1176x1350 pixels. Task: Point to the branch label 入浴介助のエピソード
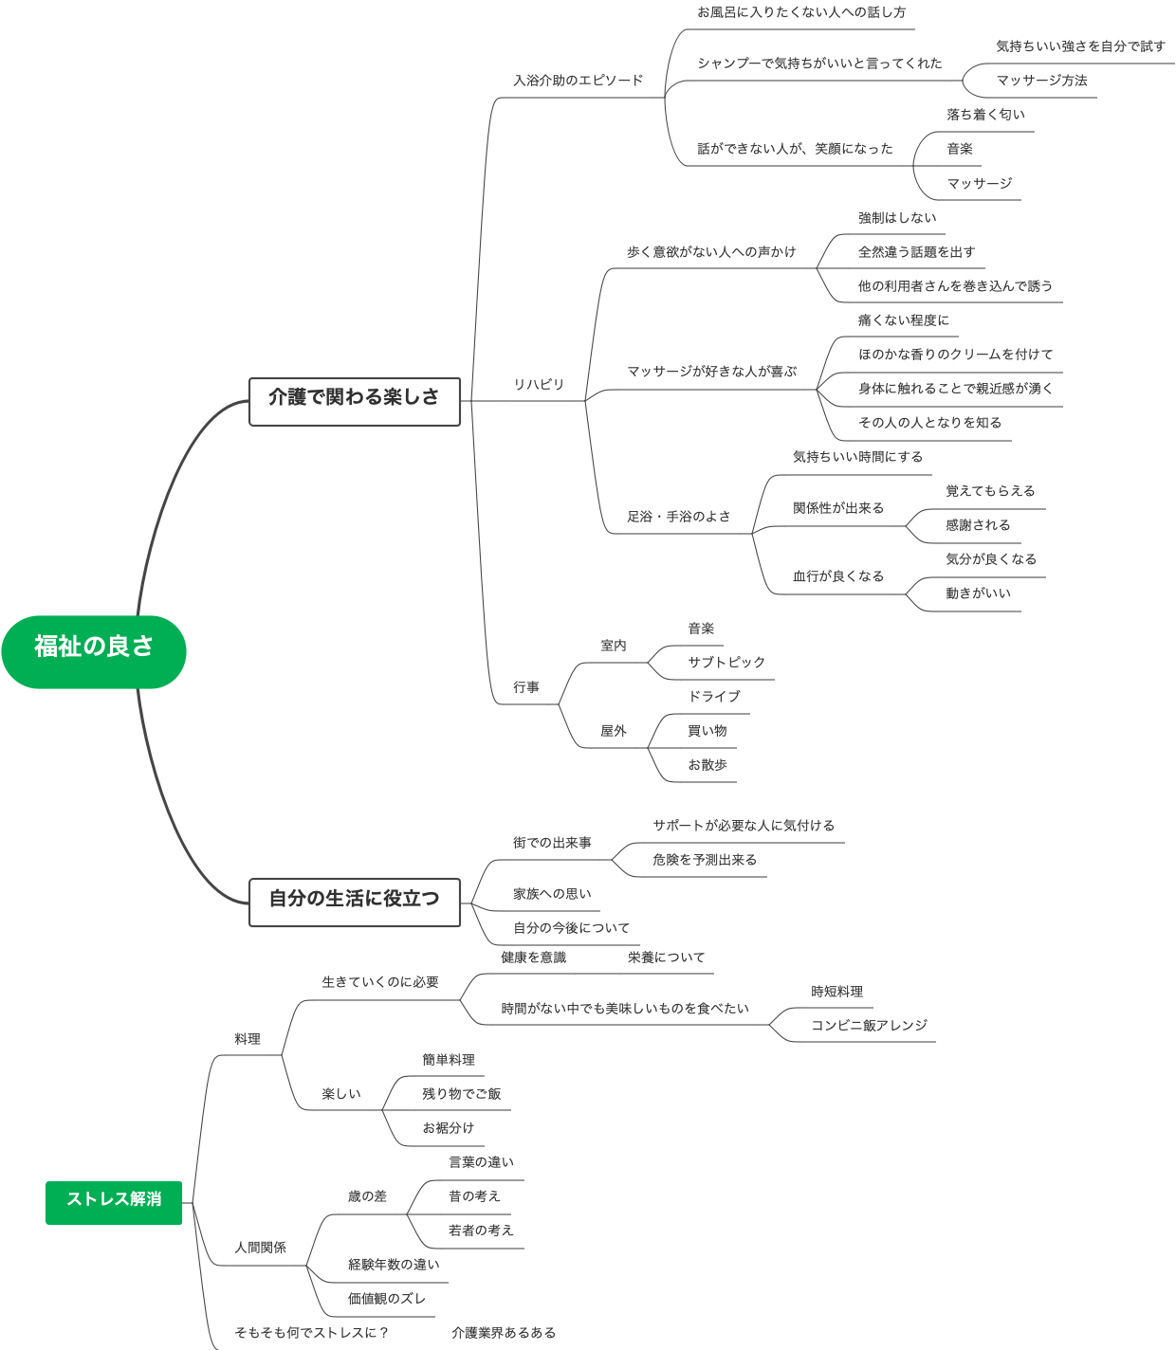(x=578, y=81)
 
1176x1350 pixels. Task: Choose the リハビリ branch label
(x=539, y=384)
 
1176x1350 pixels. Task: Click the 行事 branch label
(x=526, y=687)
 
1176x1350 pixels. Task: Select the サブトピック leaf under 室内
(x=726, y=662)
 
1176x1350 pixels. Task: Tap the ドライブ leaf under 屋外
(x=714, y=696)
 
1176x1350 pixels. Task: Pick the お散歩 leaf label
(x=707, y=764)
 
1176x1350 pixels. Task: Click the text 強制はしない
(x=897, y=217)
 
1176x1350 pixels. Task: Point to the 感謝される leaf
(x=978, y=524)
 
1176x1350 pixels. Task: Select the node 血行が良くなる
(x=838, y=575)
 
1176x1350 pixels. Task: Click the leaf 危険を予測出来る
(x=705, y=860)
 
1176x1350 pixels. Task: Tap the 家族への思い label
(x=552, y=893)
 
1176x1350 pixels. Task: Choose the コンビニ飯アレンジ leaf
(x=869, y=1025)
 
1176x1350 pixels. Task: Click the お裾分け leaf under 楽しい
(x=448, y=1127)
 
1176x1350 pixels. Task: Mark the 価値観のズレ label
(x=387, y=1298)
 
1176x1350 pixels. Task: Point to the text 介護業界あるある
(x=504, y=1332)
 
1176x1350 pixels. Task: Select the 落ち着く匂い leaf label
(x=985, y=114)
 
